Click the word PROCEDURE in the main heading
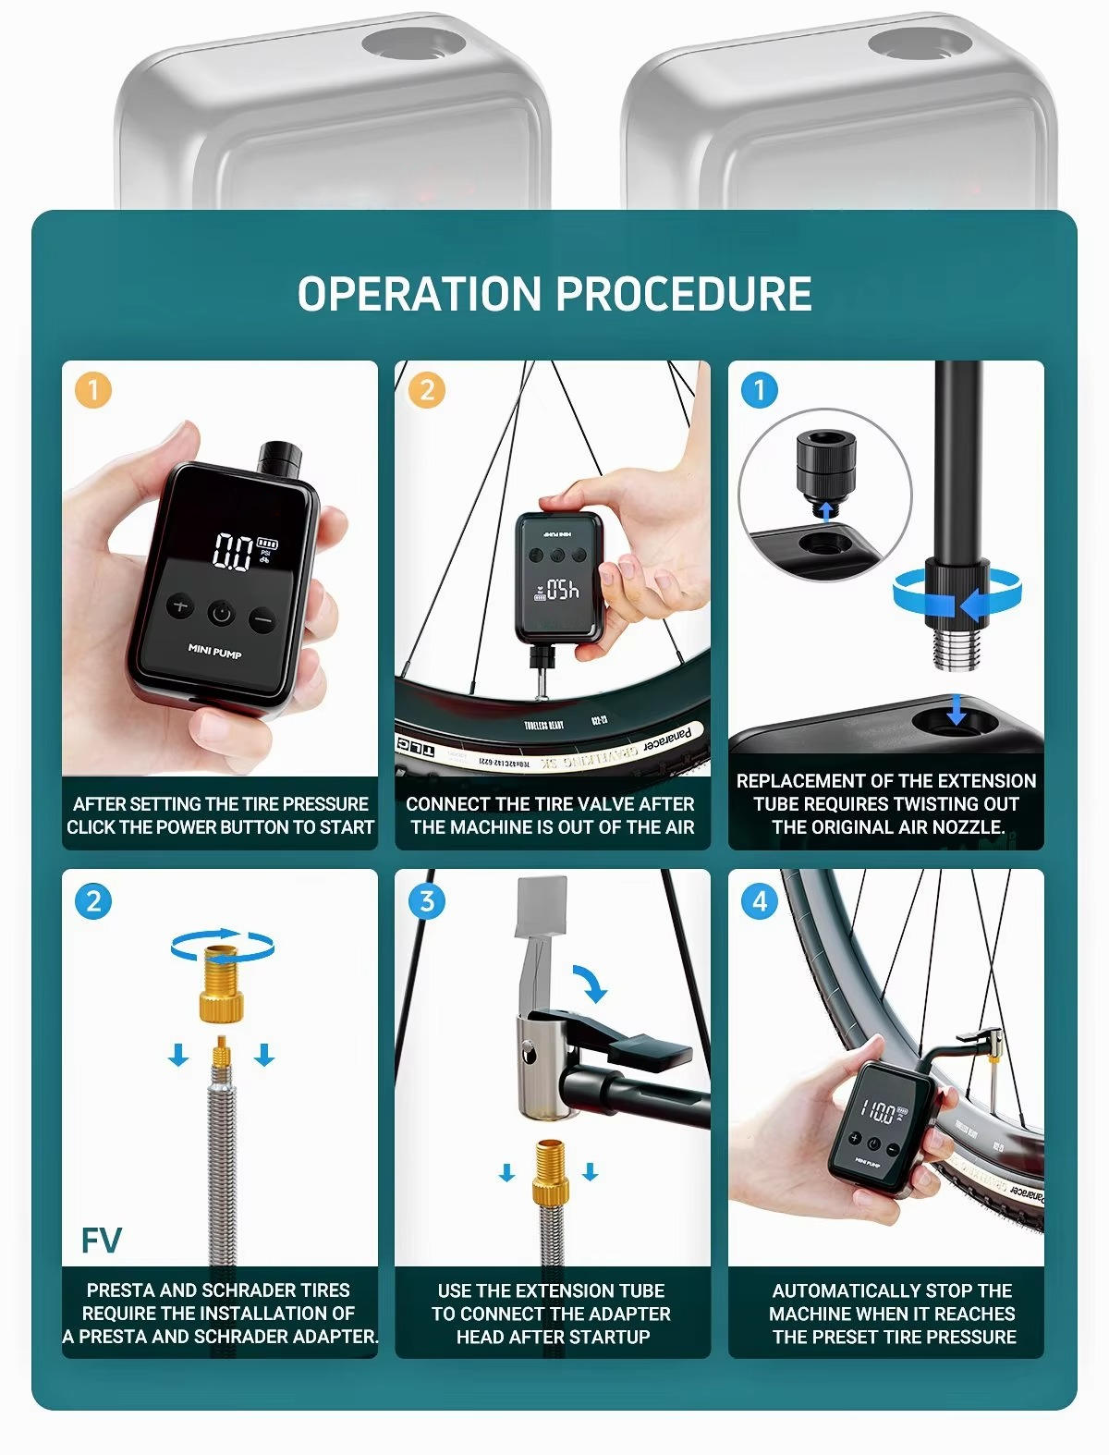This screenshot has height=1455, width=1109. coord(684,294)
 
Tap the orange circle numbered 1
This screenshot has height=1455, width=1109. coord(92,389)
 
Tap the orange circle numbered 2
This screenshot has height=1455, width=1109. coord(426,389)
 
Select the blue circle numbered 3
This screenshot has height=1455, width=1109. coord(426,900)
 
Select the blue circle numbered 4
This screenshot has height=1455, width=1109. coord(760,900)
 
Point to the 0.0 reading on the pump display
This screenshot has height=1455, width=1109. coord(232,552)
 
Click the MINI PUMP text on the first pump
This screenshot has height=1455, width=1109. coord(214,652)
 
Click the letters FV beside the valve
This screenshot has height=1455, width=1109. coord(101,1241)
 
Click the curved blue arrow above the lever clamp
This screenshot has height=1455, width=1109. coord(591,983)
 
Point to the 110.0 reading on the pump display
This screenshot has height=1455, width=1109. coord(877,1111)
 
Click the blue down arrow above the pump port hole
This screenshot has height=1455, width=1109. coord(957,710)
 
